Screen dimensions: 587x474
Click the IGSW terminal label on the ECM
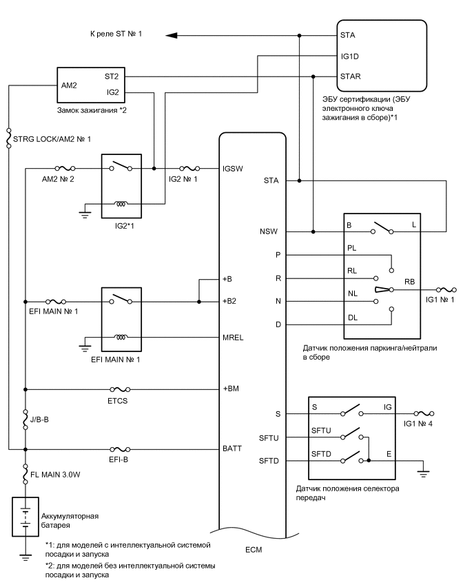[x=231, y=167]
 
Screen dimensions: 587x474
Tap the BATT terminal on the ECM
[x=231, y=449]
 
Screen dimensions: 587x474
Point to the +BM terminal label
[x=230, y=389]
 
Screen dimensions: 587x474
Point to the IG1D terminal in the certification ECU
[x=349, y=54]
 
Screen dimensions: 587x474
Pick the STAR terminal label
[x=350, y=76]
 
